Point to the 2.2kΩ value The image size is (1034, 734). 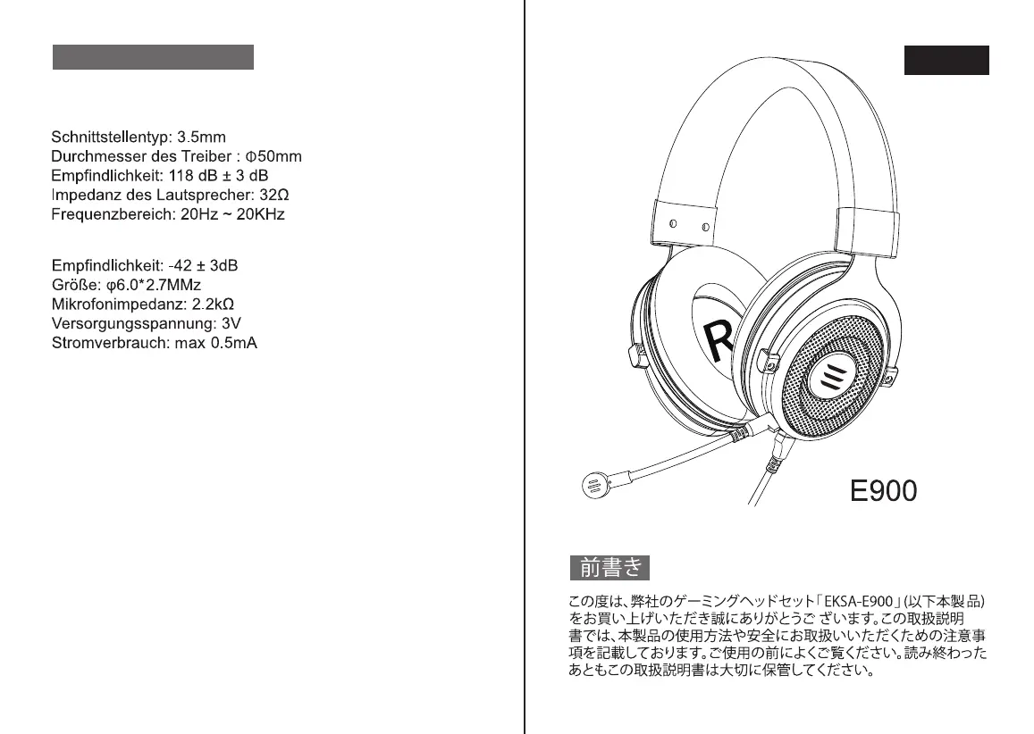coord(214,304)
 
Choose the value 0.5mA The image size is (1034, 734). coord(234,344)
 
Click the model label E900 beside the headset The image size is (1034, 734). coord(883,490)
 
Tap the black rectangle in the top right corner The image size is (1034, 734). coord(946,60)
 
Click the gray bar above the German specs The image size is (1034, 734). coord(153,57)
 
